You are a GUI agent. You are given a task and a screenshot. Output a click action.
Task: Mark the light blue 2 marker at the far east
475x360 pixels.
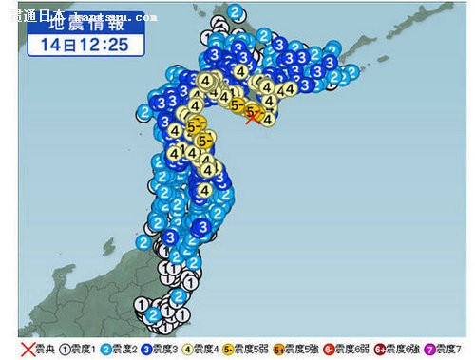click(353, 71)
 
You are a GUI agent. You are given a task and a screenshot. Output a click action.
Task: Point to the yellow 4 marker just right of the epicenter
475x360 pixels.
click(269, 119)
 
